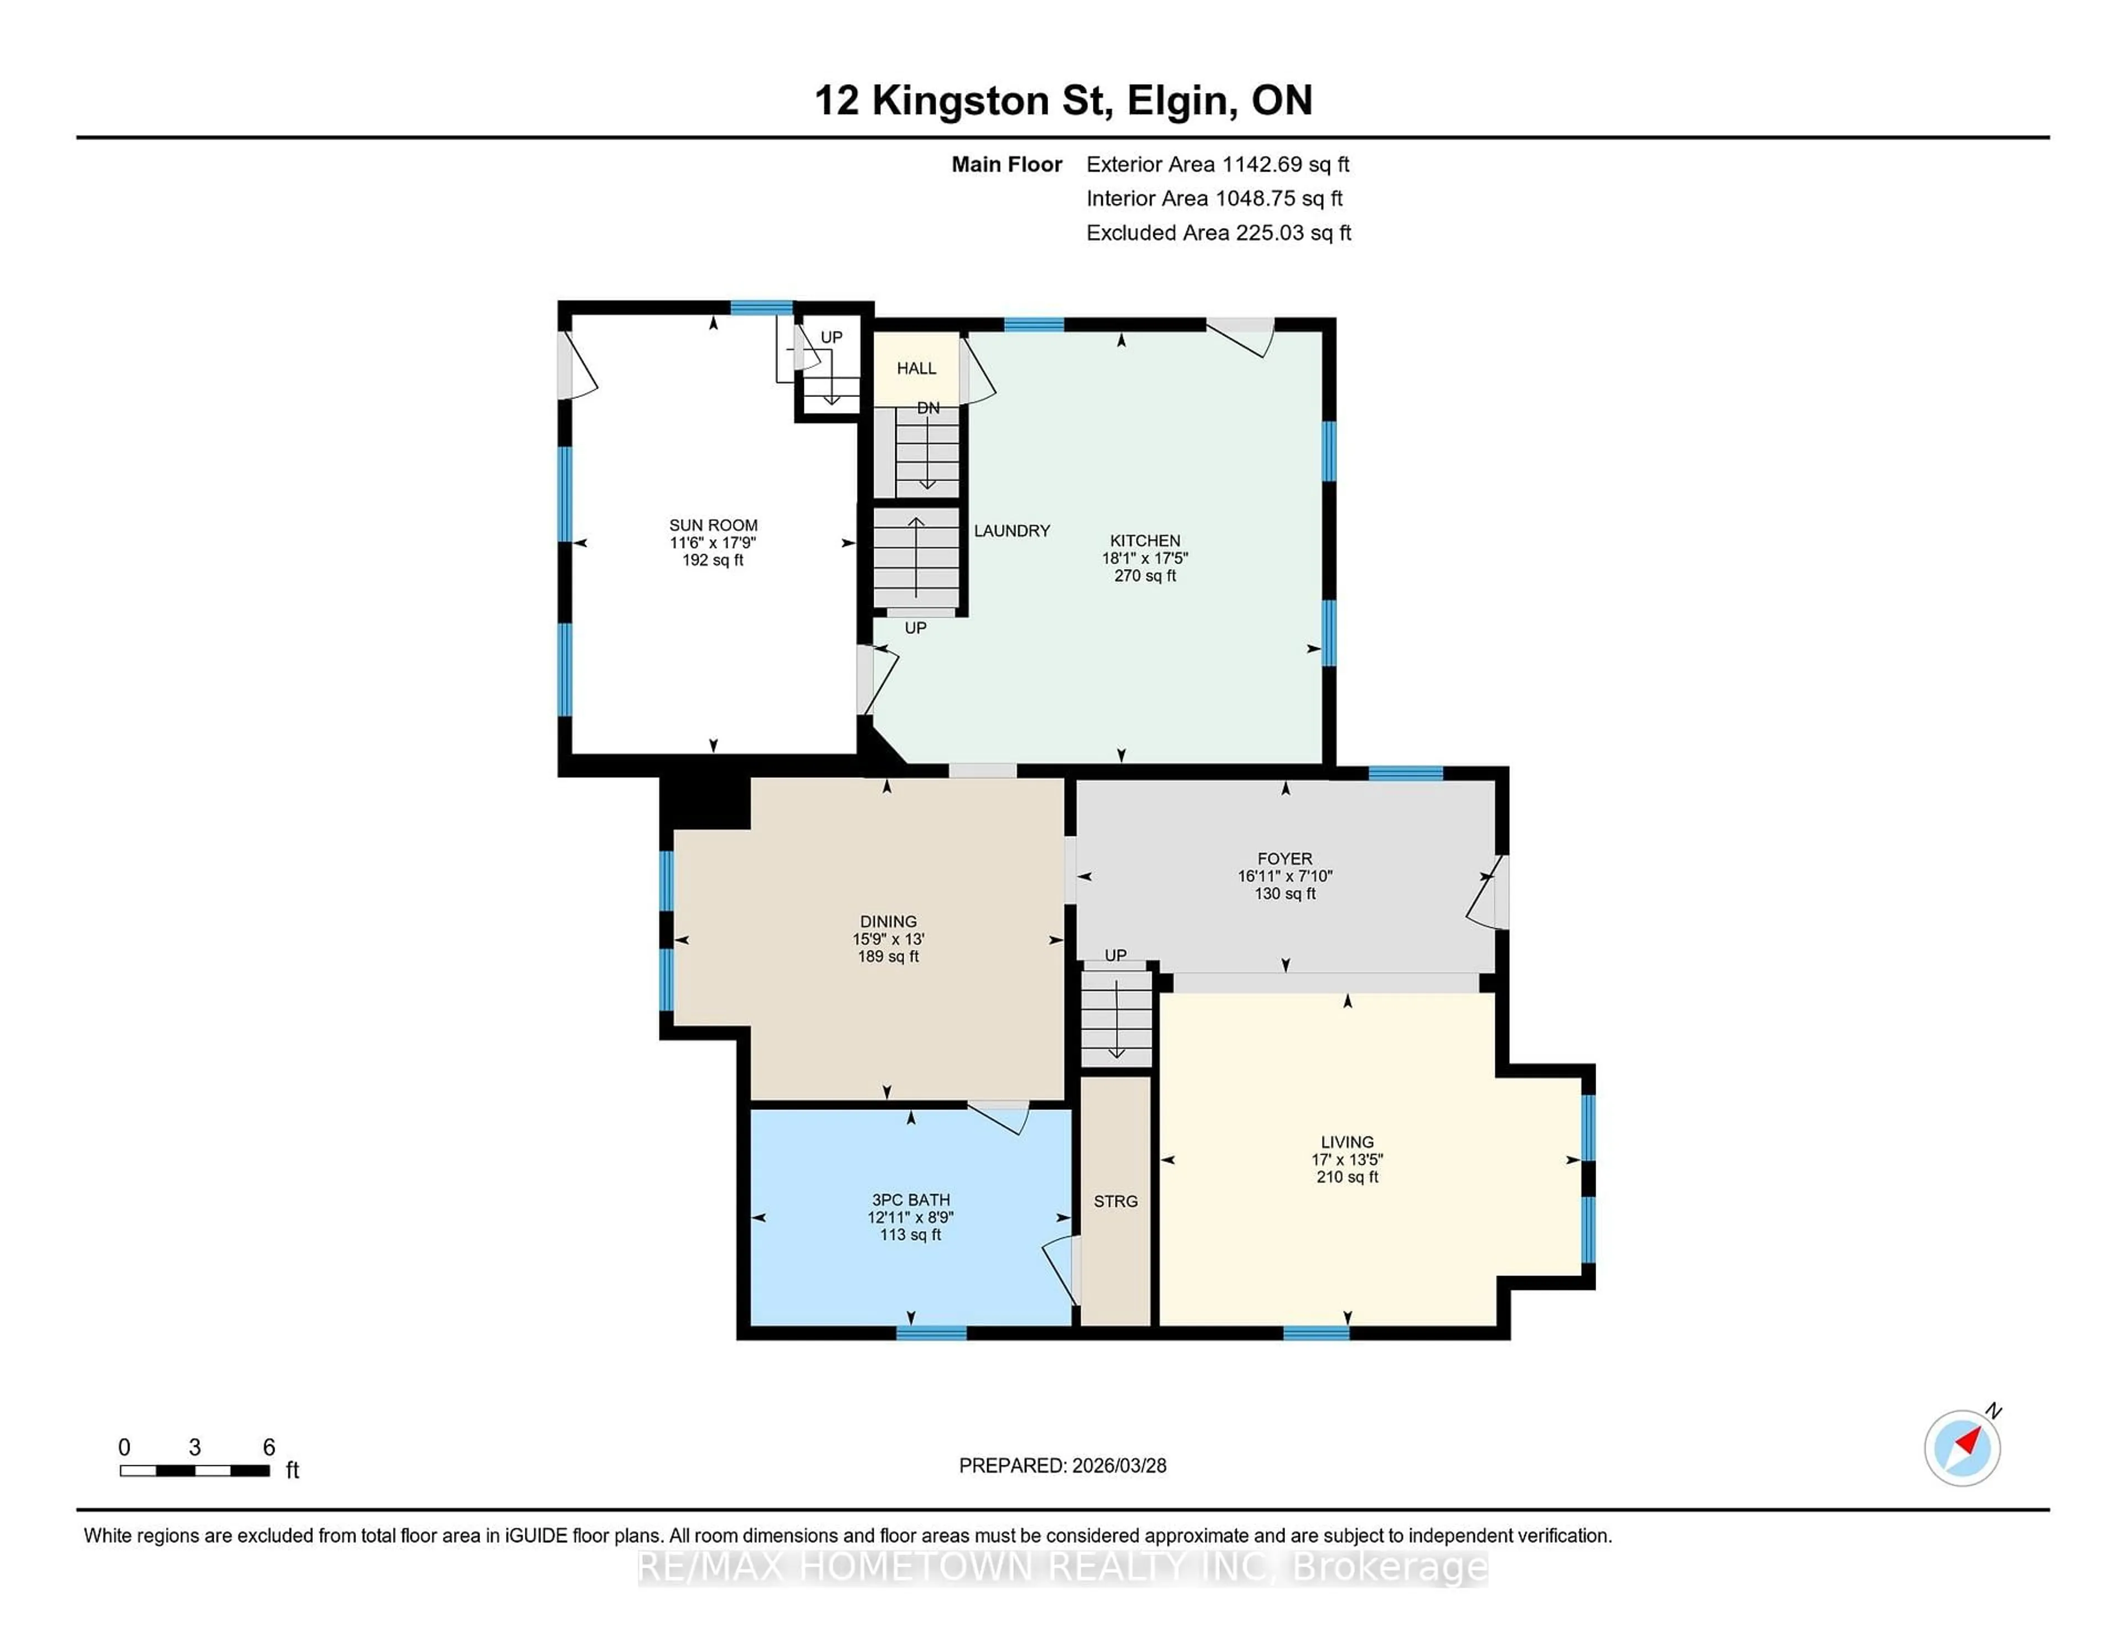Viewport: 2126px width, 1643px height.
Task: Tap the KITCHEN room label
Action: pyautogui.click(x=1145, y=540)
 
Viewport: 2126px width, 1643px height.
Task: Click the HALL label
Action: pyautogui.click(x=916, y=368)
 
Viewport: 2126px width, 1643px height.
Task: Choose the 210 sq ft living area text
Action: pyautogui.click(x=1347, y=1177)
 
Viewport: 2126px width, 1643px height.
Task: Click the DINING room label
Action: pyautogui.click(x=888, y=921)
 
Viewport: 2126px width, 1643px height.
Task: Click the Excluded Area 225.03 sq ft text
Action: pyautogui.click(x=1218, y=232)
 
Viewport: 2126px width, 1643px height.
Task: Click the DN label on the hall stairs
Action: pyautogui.click(x=928, y=408)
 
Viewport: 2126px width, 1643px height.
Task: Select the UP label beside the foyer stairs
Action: pyautogui.click(x=1116, y=955)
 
